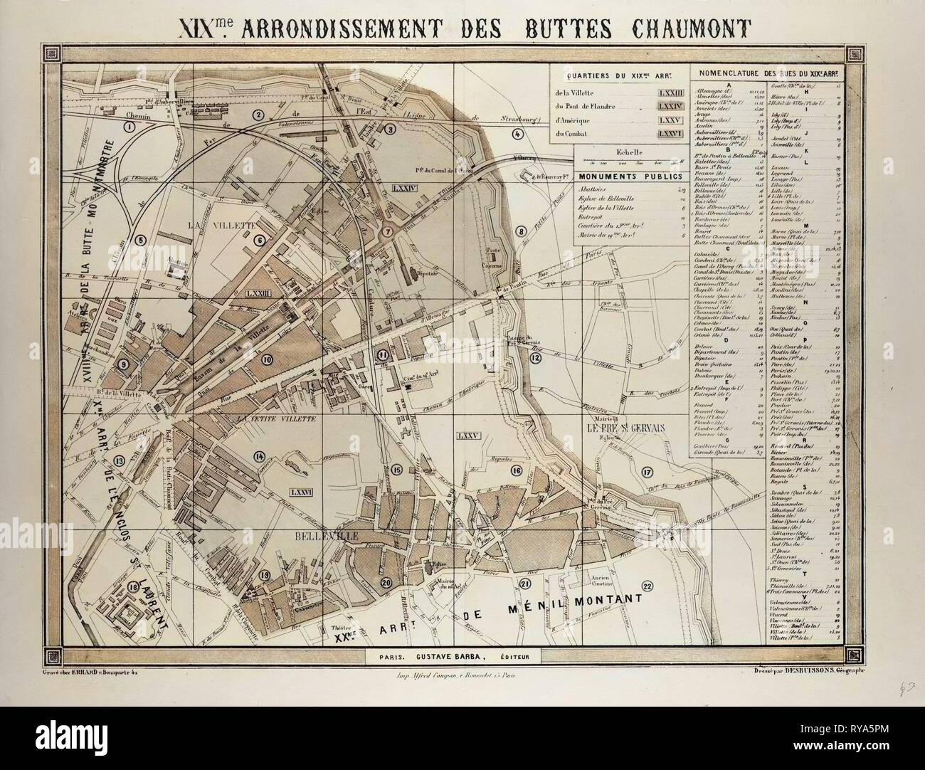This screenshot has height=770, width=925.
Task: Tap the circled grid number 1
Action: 129,127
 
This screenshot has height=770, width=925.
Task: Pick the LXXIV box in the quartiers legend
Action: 670,107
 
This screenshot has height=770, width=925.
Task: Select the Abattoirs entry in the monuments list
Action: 593,190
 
